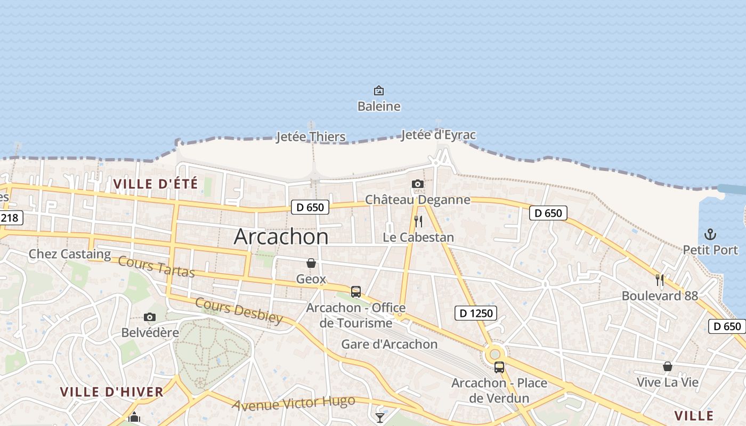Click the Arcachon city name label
[x=281, y=236]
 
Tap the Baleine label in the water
[x=379, y=106]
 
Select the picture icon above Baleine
[x=379, y=91]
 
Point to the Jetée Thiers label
[x=311, y=137]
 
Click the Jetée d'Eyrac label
[x=438, y=135]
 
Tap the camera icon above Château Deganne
[x=418, y=184]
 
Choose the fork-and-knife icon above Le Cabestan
[x=418, y=222]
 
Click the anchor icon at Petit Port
[x=710, y=234]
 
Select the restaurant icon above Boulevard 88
[x=660, y=280]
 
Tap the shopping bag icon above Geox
[x=311, y=263]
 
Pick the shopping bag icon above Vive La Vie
[x=667, y=366]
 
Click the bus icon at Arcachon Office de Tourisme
[x=356, y=292]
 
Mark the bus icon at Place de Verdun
[x=499, y=367]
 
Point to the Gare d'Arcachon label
[x=390, y=344]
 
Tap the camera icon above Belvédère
[x=150, y=317]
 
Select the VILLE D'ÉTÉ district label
[x=156, y=184]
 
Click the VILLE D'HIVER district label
[x=112, y=392]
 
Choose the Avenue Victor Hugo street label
[x=294, y=403]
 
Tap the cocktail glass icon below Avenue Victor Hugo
[x=380, y=418]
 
